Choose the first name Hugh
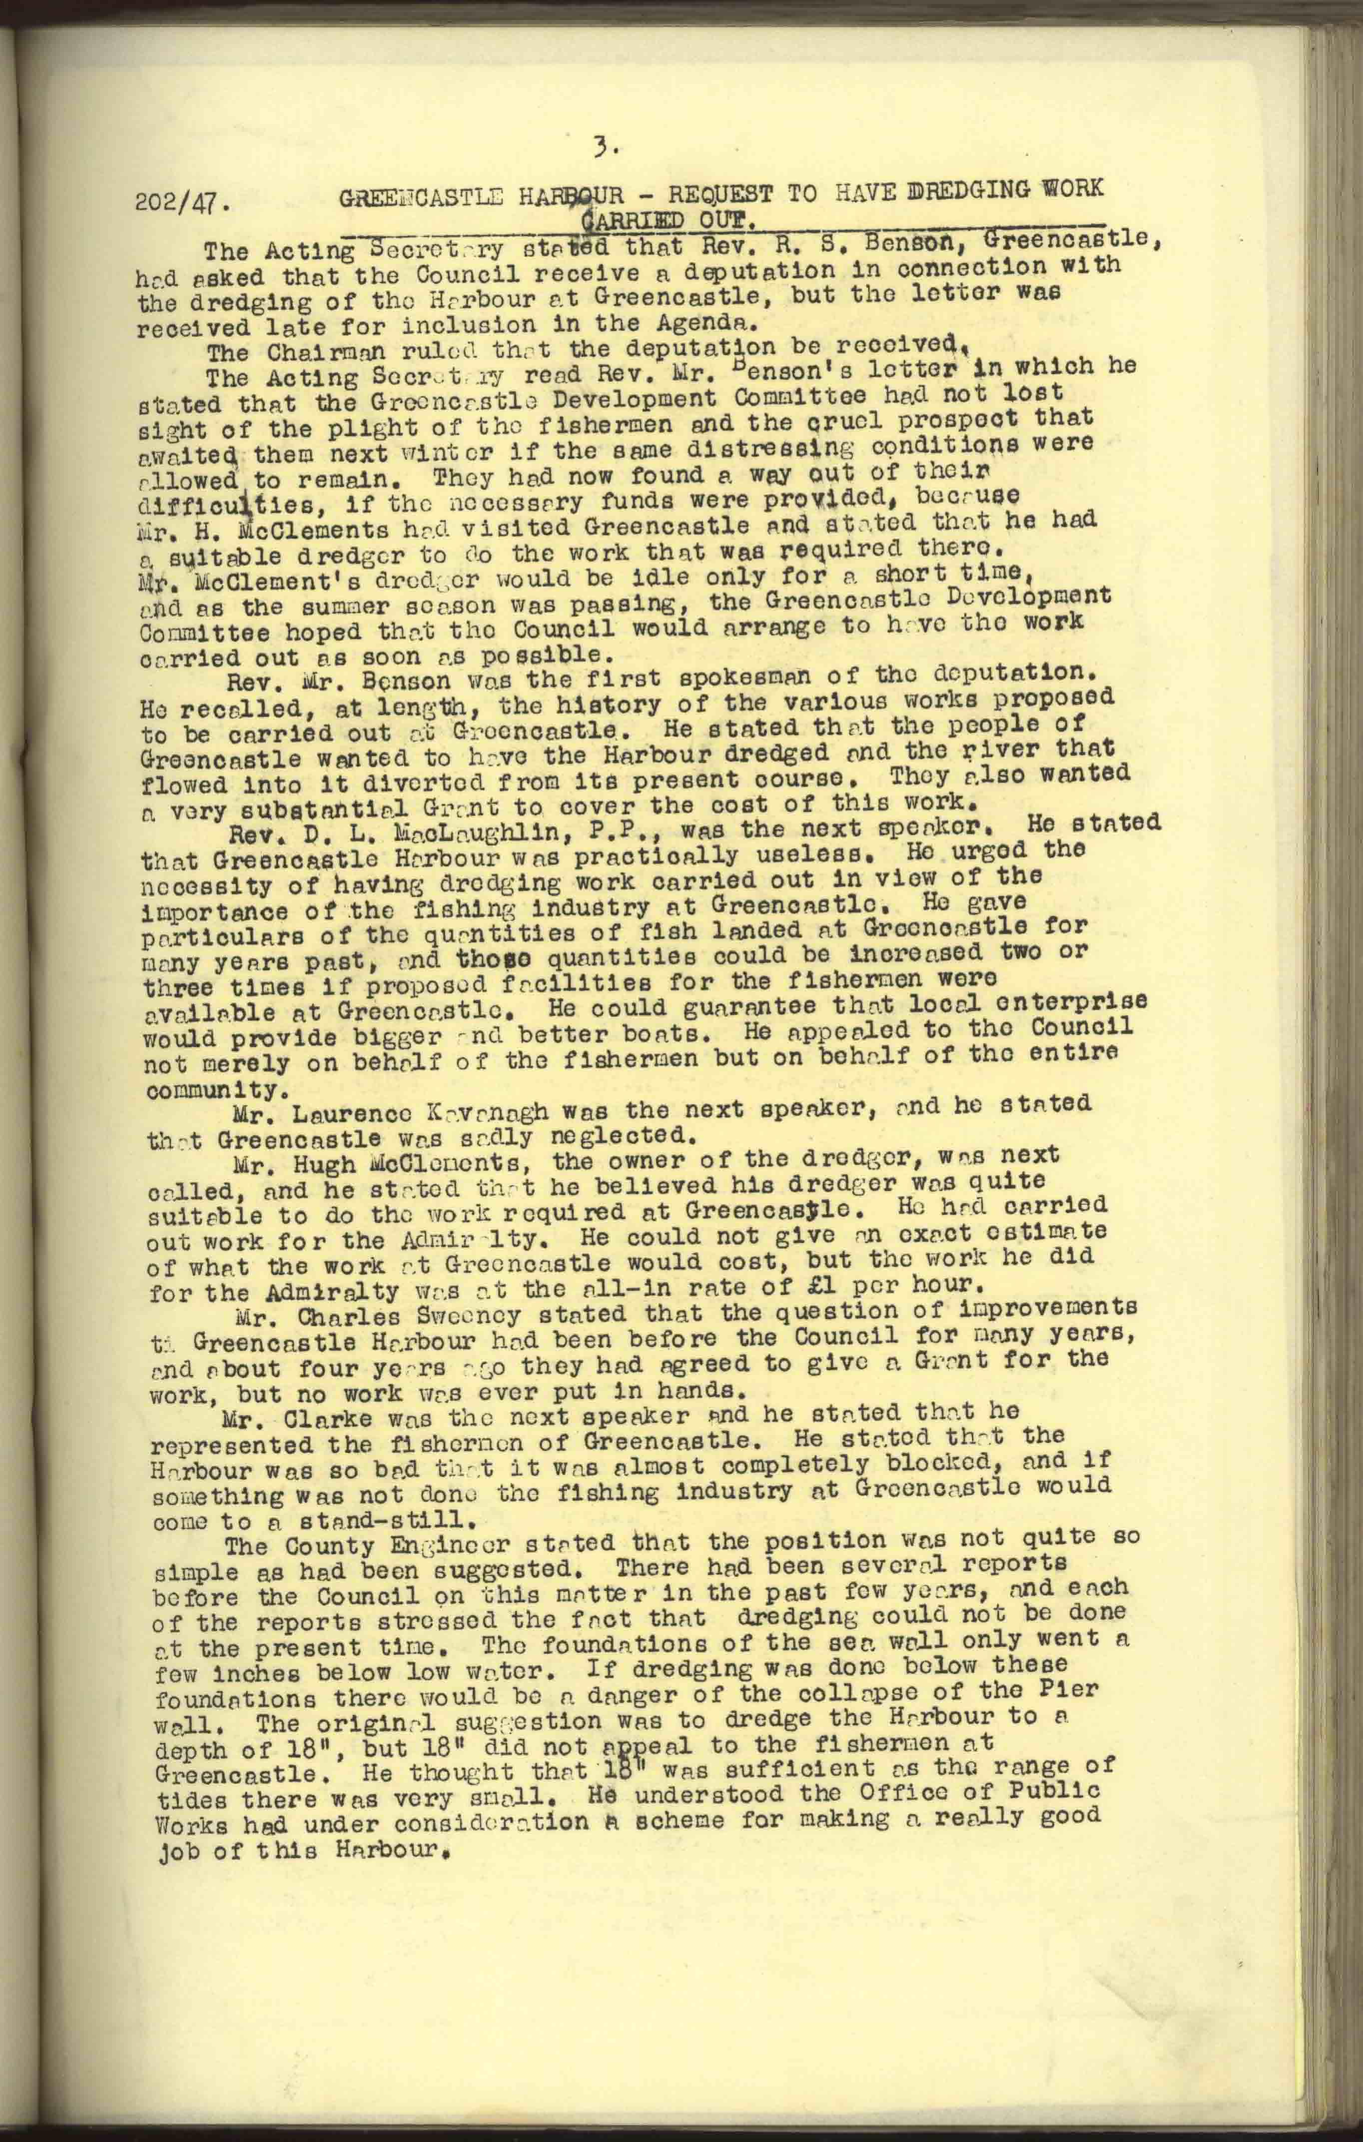pyautogui.click(x=270, y=1164)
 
